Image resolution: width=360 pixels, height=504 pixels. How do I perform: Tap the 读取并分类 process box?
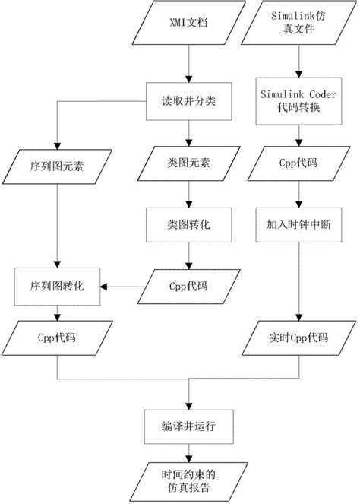pyautogui.click(x=187, y=100)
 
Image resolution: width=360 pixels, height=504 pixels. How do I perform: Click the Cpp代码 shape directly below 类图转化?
pyautogui.click(x=187, y=287)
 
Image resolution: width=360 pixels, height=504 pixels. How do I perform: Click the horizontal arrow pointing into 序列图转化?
pyautogui.click(x=125, y=287)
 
